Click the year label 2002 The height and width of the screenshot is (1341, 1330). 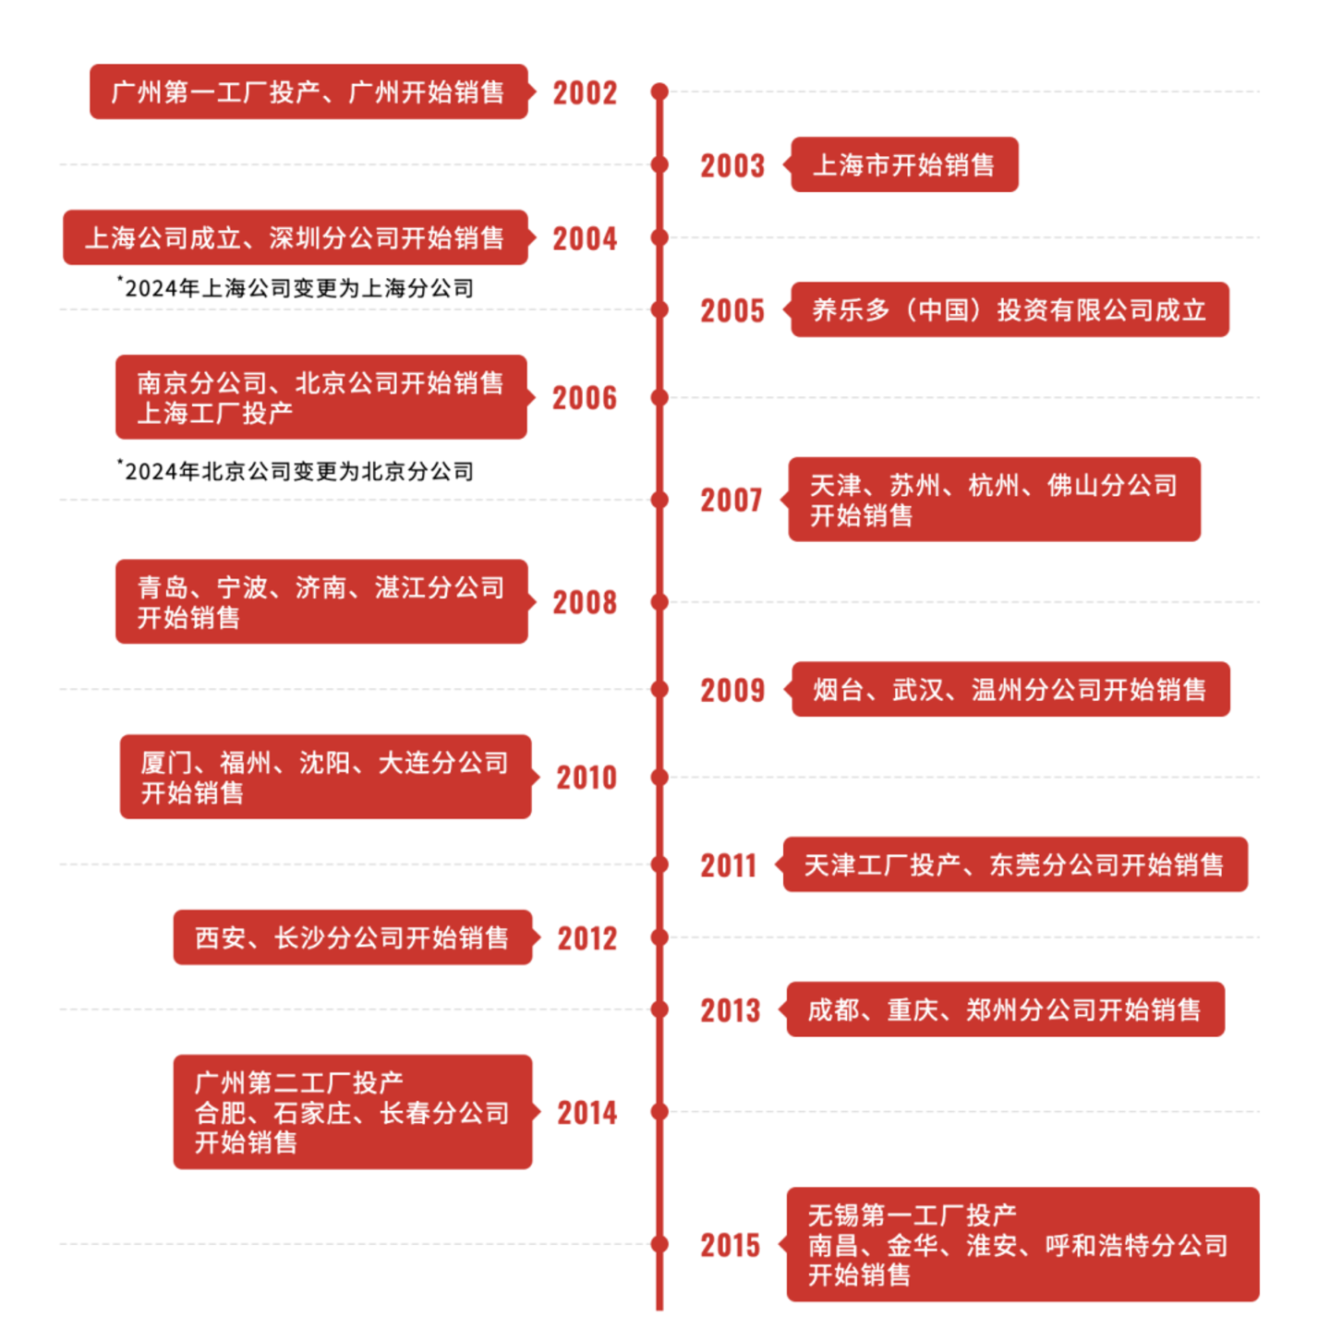[585, 92]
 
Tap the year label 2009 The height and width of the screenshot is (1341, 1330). [732, 690]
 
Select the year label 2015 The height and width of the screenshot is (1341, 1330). [730, 1245]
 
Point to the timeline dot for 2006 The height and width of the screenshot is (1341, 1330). [659, 398]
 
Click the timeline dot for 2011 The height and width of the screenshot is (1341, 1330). [659, 864]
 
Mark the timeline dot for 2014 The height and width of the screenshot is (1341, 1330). [659, 1112]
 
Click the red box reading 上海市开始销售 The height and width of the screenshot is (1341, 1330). [904, 165]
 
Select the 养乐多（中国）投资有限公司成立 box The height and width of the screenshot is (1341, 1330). [1010, 310]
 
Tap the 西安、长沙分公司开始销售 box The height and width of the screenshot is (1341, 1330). [352, 937]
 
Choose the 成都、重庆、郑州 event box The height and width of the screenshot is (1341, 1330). [1005, 1009]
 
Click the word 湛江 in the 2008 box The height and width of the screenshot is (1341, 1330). [400, 587]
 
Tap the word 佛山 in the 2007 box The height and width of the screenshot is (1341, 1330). [1072, 485]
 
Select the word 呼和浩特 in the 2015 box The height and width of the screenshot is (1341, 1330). [1097, 1245]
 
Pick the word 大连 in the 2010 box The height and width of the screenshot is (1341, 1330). [404, 763]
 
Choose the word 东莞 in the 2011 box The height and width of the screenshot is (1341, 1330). [1015, 864]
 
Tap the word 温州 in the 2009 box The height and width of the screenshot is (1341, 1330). [997, 690]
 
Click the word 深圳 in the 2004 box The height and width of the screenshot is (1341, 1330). [295, 238]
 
